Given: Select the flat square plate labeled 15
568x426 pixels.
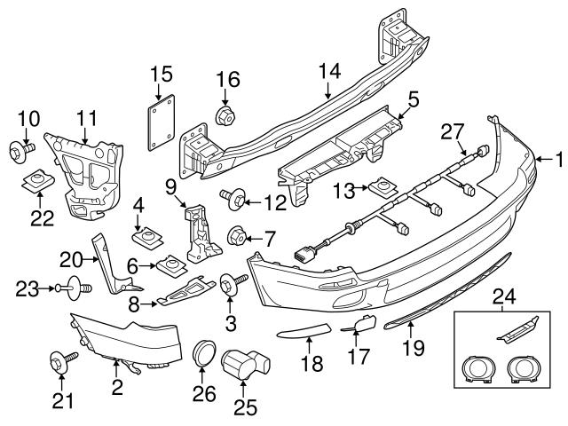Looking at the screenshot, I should tap(160, 122).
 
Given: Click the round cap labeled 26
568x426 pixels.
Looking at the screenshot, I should tap(205, 352).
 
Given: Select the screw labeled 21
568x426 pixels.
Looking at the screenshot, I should tap(61, 360).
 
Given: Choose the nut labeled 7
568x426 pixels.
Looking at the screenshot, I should tap(236, 236).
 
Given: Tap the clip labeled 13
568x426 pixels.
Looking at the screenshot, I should tap(383, 187).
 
